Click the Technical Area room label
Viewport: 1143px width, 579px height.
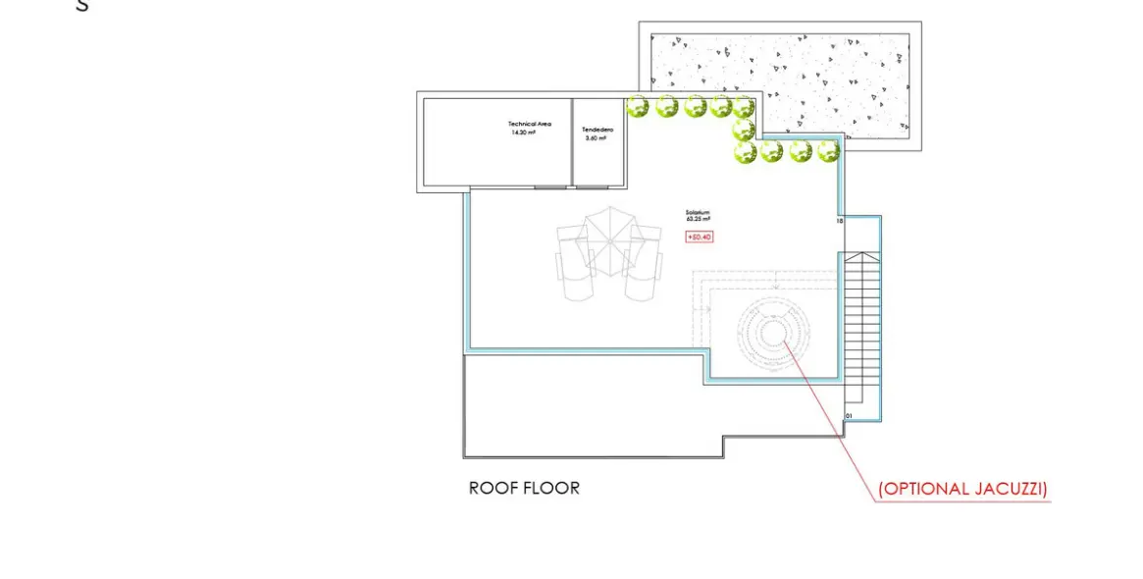coord(529,124)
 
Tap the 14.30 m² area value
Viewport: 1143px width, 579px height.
coord(523,132)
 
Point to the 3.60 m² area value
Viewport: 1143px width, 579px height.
coord(596,138)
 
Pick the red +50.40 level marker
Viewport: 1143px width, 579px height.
coord(699,237)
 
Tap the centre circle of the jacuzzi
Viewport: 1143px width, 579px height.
coord(771,334)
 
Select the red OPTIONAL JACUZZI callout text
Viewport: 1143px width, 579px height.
coord(961,489)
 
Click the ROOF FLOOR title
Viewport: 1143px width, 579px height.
coord(524,488)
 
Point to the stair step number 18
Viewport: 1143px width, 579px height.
coord(839,222)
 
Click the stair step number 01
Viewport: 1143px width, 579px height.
coord(848,416)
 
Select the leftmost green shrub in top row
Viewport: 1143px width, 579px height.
coord(638,106)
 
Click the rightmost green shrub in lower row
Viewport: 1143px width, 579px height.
coord(828,151)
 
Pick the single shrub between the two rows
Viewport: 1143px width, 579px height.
coord(744,129)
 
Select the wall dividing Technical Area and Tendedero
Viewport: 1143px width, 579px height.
coord(571,141)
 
